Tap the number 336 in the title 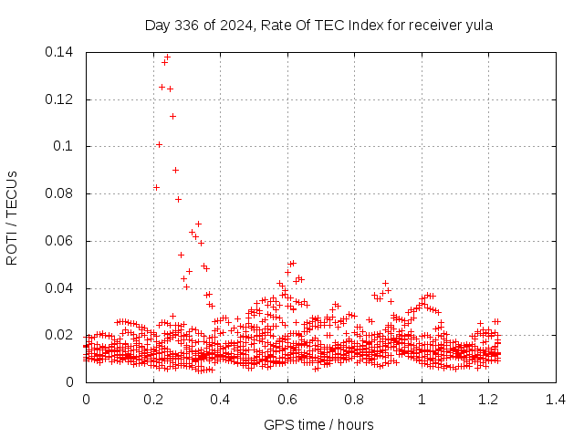click(189, 26)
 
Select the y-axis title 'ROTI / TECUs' click(13, 217)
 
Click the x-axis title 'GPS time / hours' click(318, 424)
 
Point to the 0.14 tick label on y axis click(59, 52)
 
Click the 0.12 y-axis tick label click(59, 99)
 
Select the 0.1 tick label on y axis click(63, 146)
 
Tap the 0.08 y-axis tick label click(59, 193)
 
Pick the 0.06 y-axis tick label click(59, 241)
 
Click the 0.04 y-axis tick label click(59, 288)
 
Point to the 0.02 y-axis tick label click(59, 335)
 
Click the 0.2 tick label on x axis click(153, 399)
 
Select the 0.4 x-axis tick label click(220, 399)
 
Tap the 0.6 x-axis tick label click(287, 399)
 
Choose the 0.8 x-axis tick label click(354, 399)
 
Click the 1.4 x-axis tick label click(556, 399)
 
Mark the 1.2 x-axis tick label click(488, 399)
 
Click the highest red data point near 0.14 click(167, 57)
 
